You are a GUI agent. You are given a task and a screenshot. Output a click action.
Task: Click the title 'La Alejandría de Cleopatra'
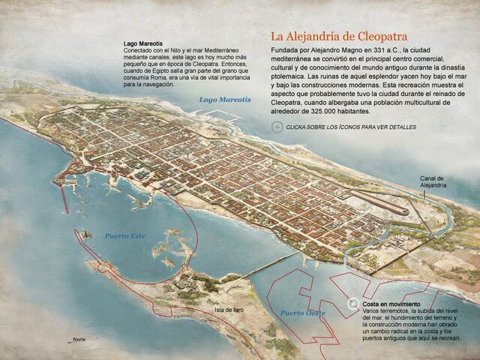click(339, 36)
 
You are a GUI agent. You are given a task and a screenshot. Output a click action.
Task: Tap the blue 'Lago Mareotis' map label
click(224, 99)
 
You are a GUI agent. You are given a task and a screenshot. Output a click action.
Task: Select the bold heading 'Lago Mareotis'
click(142, 44)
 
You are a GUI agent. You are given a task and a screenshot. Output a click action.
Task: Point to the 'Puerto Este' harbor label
click(124, 235)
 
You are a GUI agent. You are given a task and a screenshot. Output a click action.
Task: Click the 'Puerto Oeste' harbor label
click(303, 312)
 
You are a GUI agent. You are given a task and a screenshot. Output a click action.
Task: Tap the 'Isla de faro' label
click(229, 310)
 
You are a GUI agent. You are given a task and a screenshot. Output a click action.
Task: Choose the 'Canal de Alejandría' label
click(433, 181)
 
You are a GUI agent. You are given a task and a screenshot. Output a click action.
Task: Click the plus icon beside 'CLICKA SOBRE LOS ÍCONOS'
click(277, 127)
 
